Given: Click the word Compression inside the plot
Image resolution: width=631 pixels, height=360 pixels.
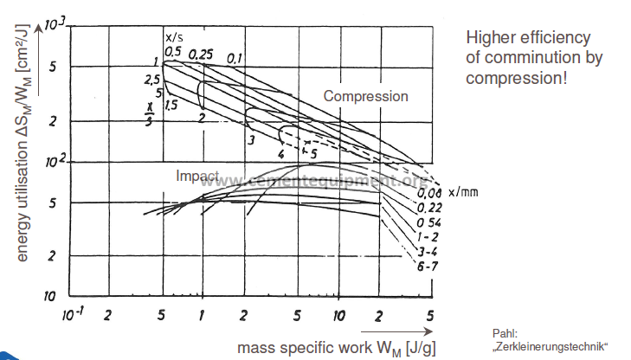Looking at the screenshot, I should click(x=365, y=96).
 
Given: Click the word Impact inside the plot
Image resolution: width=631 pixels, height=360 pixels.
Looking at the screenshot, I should click(x=196, y=175).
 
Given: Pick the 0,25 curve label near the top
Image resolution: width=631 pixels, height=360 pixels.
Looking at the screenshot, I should click(x=202, y=55).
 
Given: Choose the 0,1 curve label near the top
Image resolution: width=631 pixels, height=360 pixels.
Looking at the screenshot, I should click(x=235, y=58).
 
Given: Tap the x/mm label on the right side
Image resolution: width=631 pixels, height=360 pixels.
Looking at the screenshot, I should click(x=462, y=192).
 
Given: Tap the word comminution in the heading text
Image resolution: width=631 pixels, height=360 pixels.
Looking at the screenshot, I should click(x=535, y=58).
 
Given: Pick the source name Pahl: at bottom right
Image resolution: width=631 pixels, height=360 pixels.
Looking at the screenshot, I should click(x=503, y=333).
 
